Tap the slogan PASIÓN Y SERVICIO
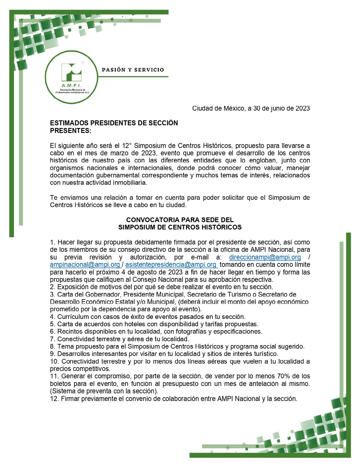(133, 70)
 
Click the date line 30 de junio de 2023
(251, 108)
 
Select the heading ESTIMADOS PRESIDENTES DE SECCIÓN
(114, 123)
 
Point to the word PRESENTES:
(71, 130)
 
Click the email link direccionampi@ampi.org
(265, 257)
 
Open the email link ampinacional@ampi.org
(85, 265)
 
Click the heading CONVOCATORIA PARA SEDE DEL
(180, 220)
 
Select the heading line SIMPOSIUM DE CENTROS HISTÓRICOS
(180, 227)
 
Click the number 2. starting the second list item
(53, 287)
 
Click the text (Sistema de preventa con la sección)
(104, 391)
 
